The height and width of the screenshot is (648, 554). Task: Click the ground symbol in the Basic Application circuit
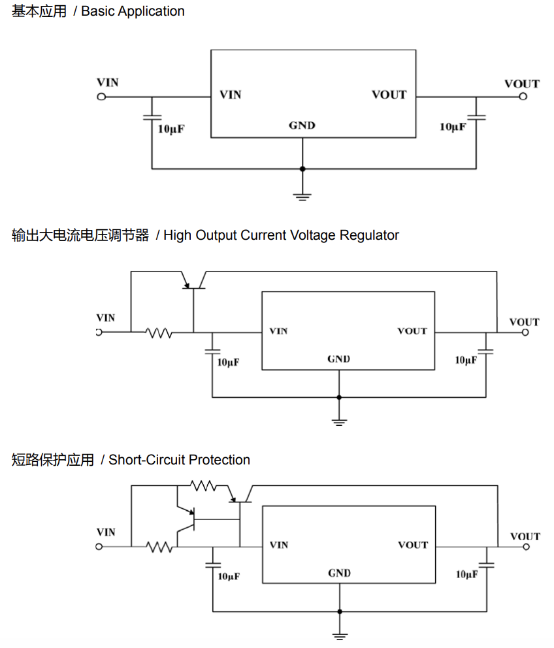point(302,195)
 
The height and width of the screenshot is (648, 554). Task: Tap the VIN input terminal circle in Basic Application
point(101,97)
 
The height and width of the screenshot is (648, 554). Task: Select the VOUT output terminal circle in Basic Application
point(523,97)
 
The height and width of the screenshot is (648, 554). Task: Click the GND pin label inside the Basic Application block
point(302,125)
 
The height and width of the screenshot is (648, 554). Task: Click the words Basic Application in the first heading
point(133,11)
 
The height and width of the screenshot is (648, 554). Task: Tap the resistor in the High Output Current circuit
point(159,332)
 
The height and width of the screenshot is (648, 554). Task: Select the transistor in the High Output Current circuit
point(194,282)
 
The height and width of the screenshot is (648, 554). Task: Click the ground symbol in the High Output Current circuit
point(338,421)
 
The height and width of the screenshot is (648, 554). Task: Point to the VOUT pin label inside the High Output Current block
point(412,331)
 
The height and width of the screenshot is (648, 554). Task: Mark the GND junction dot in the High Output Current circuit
point(338,397)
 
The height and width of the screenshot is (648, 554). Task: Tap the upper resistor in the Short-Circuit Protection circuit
point(203,486)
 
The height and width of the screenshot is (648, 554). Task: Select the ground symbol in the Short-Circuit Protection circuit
point(339,635)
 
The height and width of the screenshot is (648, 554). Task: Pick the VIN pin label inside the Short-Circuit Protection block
point(279,545)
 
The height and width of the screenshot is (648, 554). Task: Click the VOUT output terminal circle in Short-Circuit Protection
point(526,546)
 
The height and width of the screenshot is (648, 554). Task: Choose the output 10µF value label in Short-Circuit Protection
point(466,574)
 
